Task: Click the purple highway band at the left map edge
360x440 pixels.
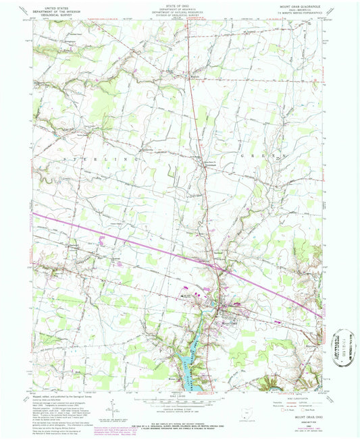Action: pos(37,216)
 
